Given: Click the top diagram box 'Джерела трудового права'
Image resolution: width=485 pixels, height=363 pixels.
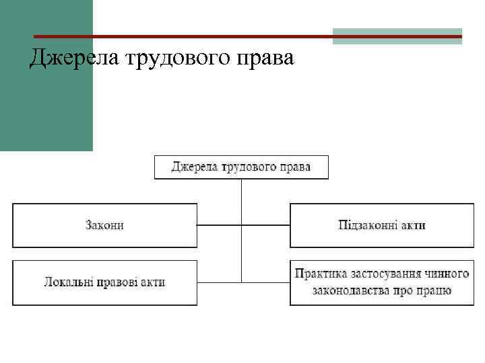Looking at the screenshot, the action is click(242, 167).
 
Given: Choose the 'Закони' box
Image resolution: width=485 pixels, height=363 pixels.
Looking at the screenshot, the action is click(104, 225).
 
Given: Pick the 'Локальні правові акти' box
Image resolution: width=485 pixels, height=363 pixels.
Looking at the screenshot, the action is click(104, 282).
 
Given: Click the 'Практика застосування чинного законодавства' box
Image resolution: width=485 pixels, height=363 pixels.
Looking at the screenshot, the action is click(382, 282).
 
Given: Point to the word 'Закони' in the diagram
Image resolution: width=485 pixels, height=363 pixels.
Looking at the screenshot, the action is click(104, 225).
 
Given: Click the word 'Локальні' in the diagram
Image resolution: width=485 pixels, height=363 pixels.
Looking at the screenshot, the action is click(68, 282).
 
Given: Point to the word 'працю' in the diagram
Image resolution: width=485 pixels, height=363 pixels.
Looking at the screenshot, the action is click(435, 291).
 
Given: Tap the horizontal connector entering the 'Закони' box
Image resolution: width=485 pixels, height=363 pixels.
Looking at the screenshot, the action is click(219, 225).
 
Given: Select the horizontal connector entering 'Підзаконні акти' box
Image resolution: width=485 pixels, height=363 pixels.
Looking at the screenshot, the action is click(266, 225).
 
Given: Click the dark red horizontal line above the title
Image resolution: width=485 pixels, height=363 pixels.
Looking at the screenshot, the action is click(182, 36).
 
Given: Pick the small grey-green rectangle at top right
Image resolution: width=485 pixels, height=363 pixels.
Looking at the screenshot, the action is click(397, 36).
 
